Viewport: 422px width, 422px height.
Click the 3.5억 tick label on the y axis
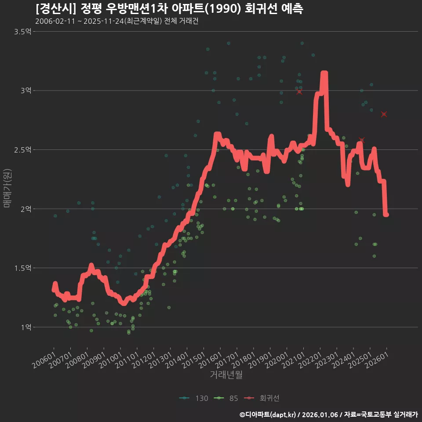[x=22, y=32]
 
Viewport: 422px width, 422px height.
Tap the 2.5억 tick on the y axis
[x=22, y=150]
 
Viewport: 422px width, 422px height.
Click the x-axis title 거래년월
[x=226, y=375]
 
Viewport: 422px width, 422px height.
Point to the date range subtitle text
[x=116, y=22]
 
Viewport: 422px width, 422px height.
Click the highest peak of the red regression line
[x=324, y=73]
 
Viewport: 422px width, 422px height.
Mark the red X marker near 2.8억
[x=384, y=114]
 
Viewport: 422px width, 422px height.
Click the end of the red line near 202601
[x=386, y=215]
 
